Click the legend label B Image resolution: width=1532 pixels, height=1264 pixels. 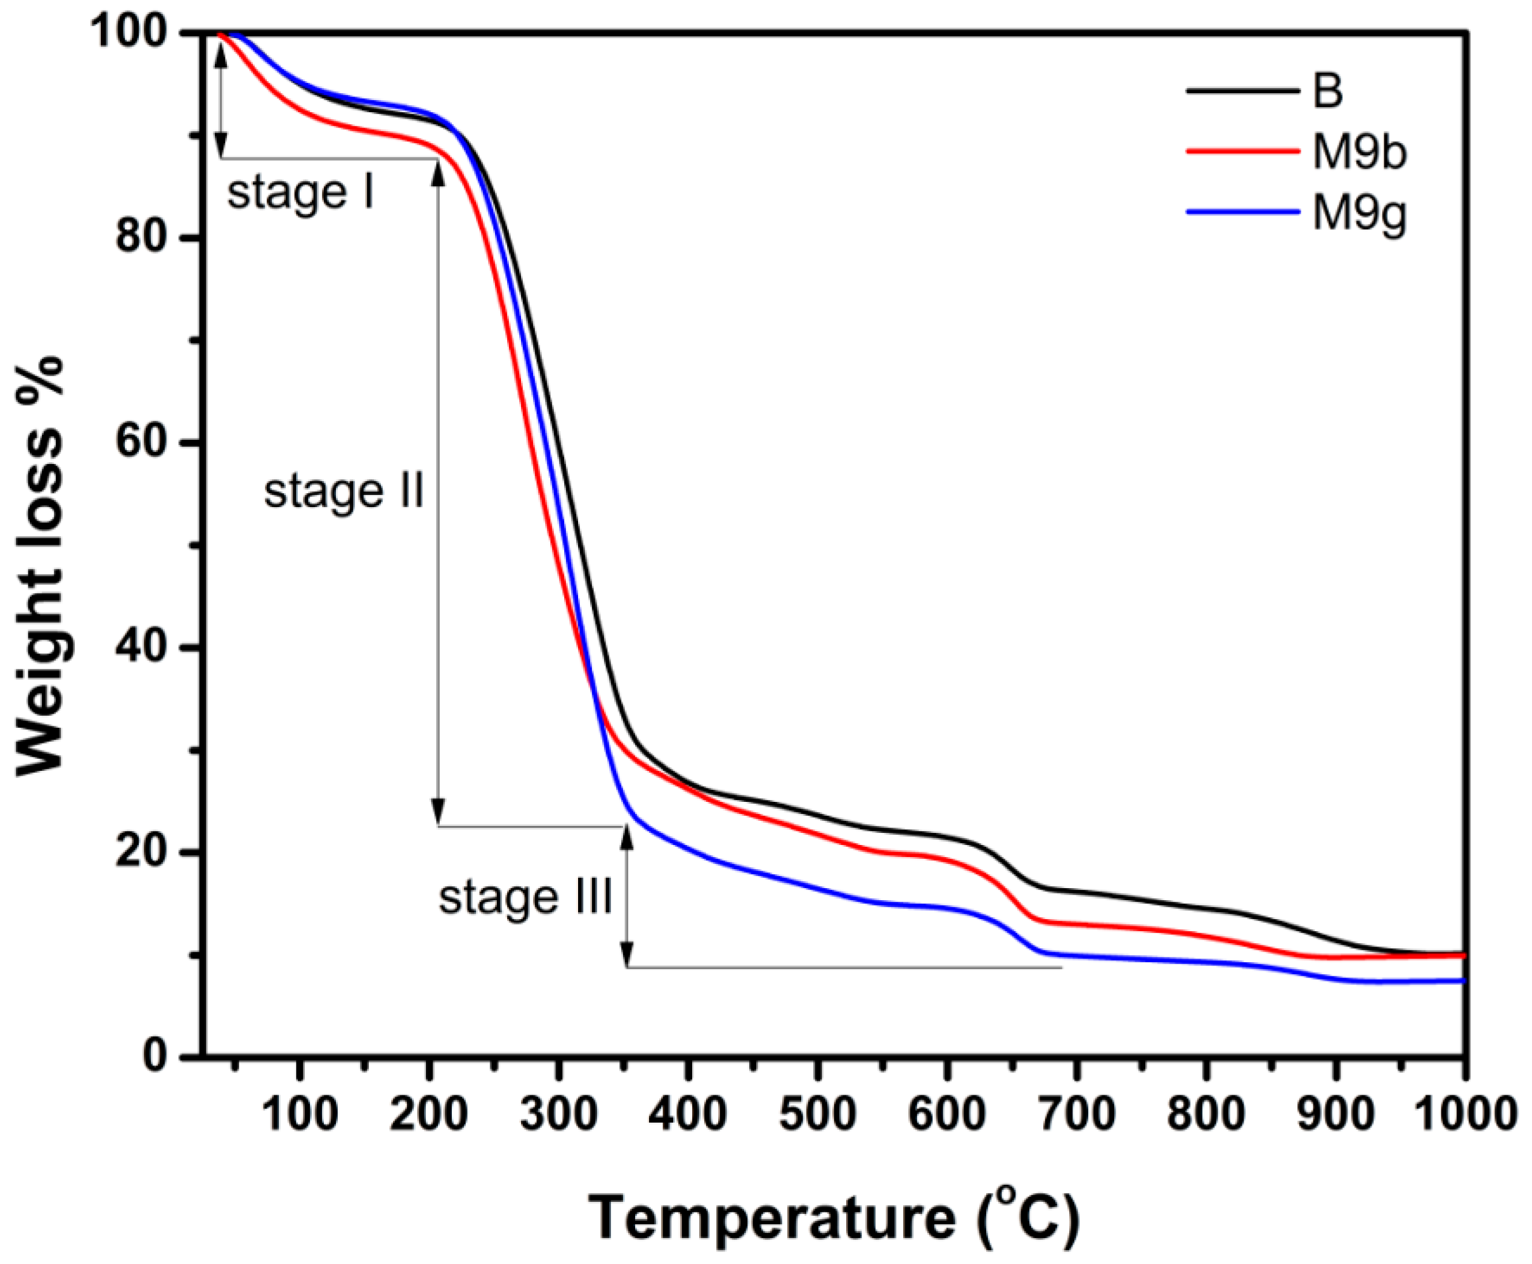(x=1328, y=93)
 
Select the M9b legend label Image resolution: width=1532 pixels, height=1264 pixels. (x=1359, y=153)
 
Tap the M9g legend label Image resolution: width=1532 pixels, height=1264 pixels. (x=1359, y=215)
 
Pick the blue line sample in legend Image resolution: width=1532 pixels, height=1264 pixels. (x=1242, y=212)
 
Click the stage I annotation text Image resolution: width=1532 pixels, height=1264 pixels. (x=300, y=193)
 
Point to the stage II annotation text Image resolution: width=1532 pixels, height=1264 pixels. (x=344, y=491)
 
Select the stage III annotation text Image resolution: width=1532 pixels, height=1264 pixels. (x=525, y=897)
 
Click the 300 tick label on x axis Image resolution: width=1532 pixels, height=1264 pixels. (x=558, y=1114)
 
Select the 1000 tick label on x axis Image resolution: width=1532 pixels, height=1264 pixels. (x=1464, y=1114)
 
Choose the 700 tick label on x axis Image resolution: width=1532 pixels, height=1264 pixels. (x=1076, y=1114)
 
